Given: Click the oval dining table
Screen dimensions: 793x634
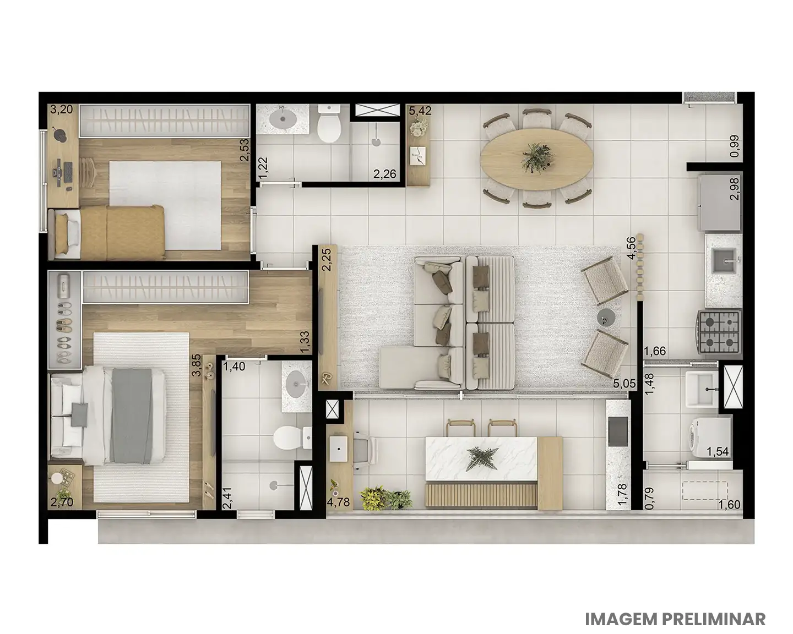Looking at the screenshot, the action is click(x=536, y=159).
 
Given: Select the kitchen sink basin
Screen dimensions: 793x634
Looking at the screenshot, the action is click(x=724, y=261).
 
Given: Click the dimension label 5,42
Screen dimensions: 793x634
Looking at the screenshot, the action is click(x=420, y=111).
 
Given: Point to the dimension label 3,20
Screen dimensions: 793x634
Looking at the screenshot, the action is click(x=61, y=110).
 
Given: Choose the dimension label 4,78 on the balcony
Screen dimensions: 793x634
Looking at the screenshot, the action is click(x=338, y=502).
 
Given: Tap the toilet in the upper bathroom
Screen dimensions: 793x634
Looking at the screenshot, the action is click(x=329, y=124).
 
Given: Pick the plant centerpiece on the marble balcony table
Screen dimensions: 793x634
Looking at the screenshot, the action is click(x=481, y=459).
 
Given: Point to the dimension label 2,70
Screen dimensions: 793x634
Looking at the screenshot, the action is click(x=61, y=502).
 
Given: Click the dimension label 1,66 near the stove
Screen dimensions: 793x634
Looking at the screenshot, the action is click(x=655, y=351).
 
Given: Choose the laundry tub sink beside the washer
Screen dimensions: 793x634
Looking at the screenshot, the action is click(x=702, y=390).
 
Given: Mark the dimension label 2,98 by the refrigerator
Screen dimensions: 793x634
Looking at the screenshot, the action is click(x=735, y=189).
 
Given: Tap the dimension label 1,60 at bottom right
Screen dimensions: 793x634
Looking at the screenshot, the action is click(x=729, y=504).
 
